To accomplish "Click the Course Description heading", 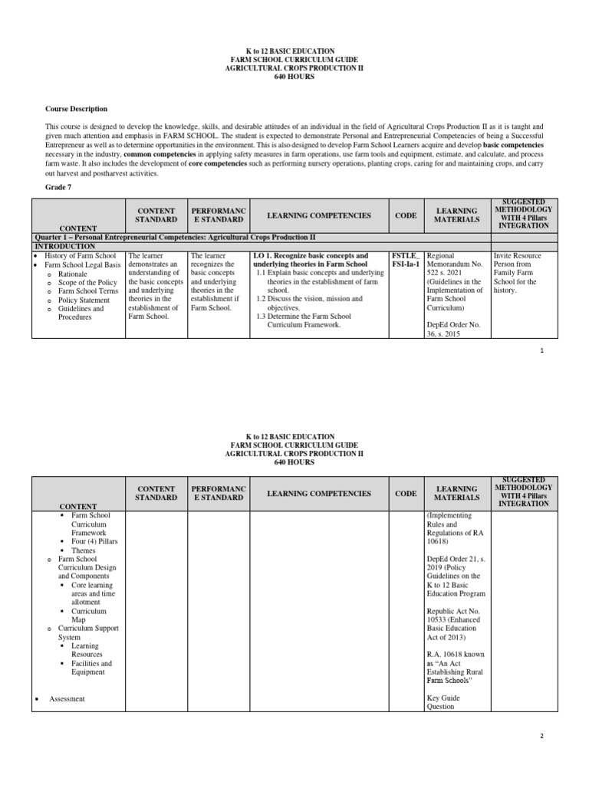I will tap(76, 109).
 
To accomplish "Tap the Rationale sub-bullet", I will tap(73, 274).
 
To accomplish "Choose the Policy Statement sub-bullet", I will tap(84, 300).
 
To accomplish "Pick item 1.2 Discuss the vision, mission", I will tap(315, 304).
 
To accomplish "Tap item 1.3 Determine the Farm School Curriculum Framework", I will tap(315, 320).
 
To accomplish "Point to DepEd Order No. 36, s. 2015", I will tap(452, 329).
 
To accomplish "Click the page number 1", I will tap(541, 350).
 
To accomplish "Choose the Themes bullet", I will tap(84, 550).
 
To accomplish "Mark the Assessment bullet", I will tap(67, 698).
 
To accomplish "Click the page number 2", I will tap(541, 735).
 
